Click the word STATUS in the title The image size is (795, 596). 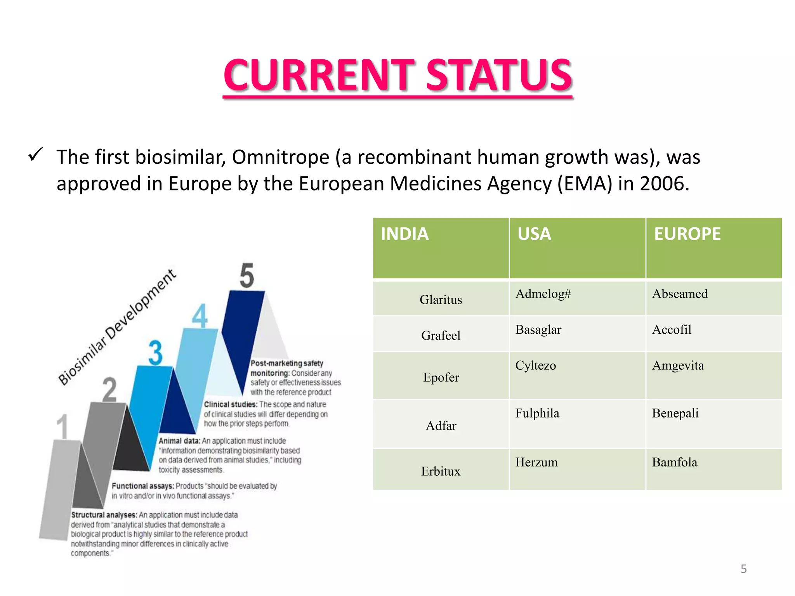[499, 74]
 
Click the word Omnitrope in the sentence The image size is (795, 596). [281, 157]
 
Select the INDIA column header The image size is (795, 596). [404, 234]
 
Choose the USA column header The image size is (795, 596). [534, 234]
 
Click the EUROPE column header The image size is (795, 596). [687, 234]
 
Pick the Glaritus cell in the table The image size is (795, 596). [441, 300]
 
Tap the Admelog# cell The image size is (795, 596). [543, 294]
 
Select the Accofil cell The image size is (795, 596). [672, 329]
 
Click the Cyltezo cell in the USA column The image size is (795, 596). [535, 366]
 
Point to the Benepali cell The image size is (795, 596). [675, 413]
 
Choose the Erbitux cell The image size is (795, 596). [441, 471]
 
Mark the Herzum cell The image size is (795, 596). [536, 462]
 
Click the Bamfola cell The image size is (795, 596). [674, 462]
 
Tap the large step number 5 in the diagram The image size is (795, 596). [247, 276]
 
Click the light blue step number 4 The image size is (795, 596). [200, 316]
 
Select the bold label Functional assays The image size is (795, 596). [142, 486]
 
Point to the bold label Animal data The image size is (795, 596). [179, 441]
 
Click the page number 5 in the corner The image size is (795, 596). [743, 569]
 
